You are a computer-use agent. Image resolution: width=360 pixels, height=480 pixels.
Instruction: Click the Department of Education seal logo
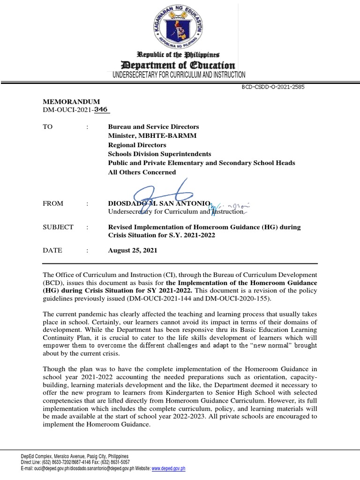point(180,26)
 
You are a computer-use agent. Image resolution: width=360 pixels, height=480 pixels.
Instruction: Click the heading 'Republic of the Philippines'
point(180,55)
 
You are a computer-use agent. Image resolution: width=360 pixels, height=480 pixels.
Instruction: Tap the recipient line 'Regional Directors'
point(137,145)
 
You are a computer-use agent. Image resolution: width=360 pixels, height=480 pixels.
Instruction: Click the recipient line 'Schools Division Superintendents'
point(159,154)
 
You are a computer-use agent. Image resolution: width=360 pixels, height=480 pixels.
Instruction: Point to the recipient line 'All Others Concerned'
point(142,172)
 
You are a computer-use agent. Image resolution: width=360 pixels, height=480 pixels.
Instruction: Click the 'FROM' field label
point(53,204)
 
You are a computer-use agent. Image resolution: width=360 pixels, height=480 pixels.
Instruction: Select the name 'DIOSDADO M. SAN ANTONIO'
point(156,204)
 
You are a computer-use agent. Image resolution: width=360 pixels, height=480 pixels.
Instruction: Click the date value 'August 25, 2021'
point(133,250)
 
